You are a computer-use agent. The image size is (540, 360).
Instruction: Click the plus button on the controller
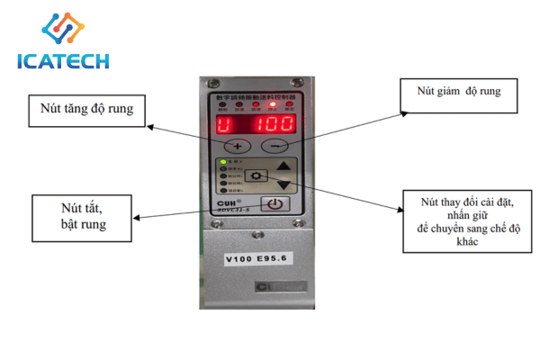(x=236, y=146)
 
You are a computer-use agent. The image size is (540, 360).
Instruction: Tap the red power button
(x=274, y=204)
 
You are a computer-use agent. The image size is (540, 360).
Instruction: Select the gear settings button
(x=258, y=176)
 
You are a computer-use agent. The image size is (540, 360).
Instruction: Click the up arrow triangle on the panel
(x=284, y=166)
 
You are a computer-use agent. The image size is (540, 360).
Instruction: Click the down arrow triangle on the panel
(x=284, y=184)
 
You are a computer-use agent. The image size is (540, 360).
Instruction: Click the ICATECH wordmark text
(x=64, y=62)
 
